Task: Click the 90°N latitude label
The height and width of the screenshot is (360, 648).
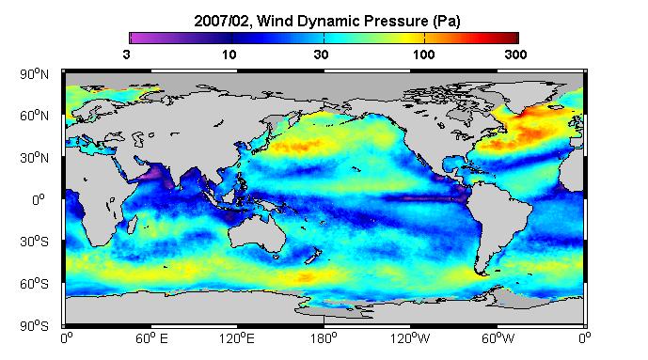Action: (x=34, y=74)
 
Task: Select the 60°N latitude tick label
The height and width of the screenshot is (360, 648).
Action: (x=34, y=116)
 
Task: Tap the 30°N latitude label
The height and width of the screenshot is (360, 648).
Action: (x=34, y=157)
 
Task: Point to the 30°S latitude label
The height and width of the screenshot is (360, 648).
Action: (x=34, y=242)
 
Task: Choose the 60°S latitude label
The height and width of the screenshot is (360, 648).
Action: (x=34, y=284)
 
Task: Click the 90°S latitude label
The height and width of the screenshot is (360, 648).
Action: (x=34, y=326)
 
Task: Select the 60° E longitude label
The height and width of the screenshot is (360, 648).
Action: (x=151, y=338)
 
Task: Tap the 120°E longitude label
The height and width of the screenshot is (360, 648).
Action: (x=237, y=338)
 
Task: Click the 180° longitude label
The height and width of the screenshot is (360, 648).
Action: (x=324, y=338)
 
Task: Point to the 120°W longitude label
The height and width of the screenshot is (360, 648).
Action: (x=410, y=338)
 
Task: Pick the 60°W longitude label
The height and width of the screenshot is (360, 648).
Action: (x=498, y=338)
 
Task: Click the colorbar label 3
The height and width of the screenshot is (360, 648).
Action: (x=126, y=55)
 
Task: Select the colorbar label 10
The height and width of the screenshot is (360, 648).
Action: (x=229, y=55)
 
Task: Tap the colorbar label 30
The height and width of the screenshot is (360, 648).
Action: (x=321, y=55)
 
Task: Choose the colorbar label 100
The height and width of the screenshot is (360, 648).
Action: (x=423, y=55)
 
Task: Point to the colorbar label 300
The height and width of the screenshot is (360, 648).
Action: (x=515, y=55)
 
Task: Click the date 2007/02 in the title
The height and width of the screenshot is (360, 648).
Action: (x=222, y=21)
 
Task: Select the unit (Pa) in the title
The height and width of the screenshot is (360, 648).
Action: (x=447, y=22)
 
